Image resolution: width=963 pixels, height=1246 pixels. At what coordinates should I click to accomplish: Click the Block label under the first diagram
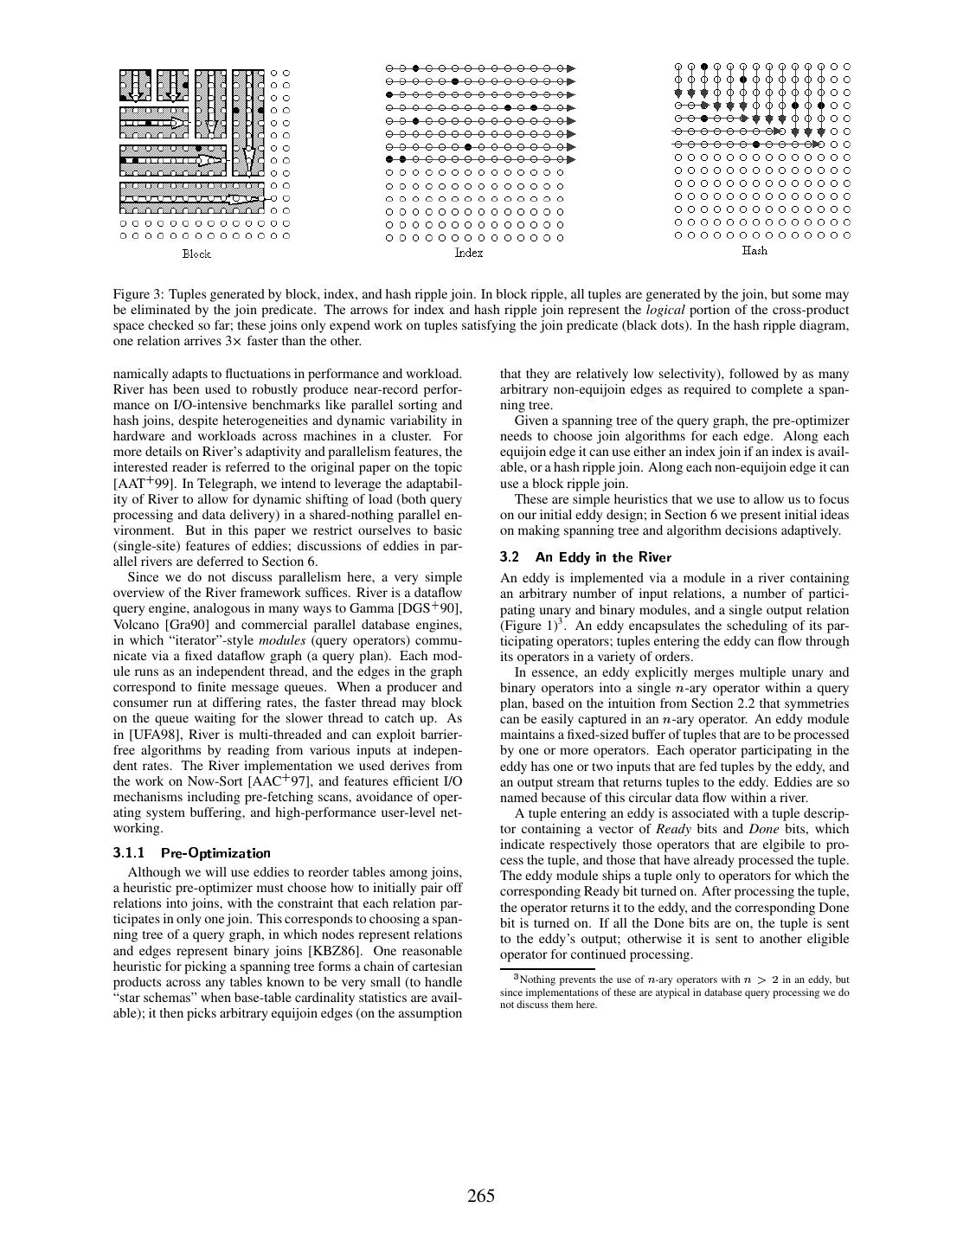pyautogui.click(x=196, y=254)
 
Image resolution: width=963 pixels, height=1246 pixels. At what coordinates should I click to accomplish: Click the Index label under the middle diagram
pyautogui.click(x=468, y=253)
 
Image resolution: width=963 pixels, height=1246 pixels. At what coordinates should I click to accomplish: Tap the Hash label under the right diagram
pyautogui.click(x=754, y=251)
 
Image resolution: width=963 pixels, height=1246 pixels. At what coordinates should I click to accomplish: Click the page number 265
pyautogui.click(x=481, y=1197)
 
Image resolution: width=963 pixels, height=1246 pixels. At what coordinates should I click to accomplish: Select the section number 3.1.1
pyautogui.click(x=129, y=852)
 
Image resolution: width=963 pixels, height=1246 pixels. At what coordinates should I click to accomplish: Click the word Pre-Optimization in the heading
pyautogui.click(x=215, y=852)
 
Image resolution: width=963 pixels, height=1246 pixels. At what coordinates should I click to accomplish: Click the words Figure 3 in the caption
pyautogui.click(x=136, y=295)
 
